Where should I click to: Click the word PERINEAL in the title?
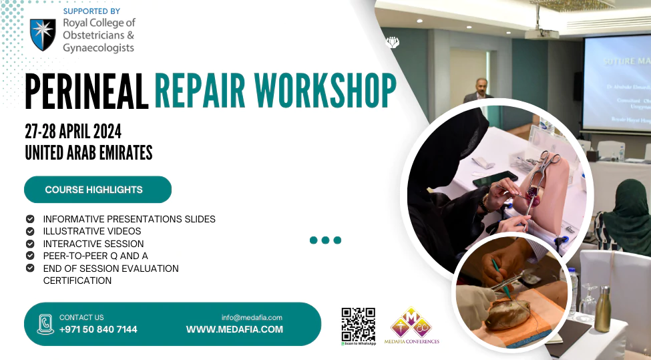(86, 92)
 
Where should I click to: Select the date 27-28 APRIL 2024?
(73, 131)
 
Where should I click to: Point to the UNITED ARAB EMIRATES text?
(89, 153)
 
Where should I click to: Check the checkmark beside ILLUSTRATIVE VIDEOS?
(30, 231)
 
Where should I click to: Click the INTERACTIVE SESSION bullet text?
(93, 244)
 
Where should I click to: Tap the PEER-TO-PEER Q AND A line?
(95, 256)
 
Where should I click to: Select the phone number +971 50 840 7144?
(98, 329)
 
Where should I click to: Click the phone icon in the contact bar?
(45, 324)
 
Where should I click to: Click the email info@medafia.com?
(252, 317)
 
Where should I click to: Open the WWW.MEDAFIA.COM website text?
(234, 329)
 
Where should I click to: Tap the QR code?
(359, 324)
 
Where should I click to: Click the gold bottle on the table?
(602, 311)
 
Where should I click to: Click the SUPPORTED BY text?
(91, 11)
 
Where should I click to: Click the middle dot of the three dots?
(325, 240)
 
